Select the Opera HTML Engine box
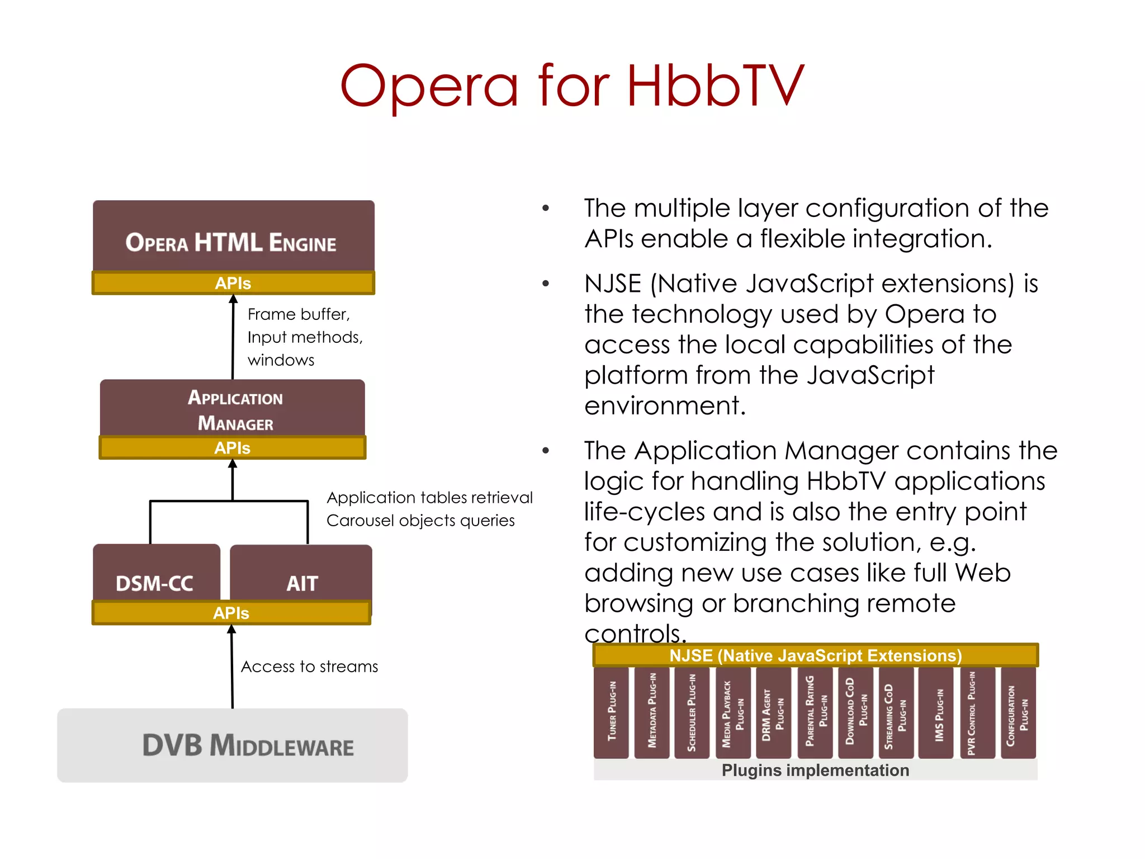coord(233,238)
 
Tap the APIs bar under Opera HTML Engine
coord(233,283)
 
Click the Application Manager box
coord(233,409)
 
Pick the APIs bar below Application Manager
coord(233,448)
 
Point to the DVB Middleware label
coord(248,745)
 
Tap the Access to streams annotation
coord(309,667)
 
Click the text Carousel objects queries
coord(420,521)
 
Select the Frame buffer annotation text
coord(299,314)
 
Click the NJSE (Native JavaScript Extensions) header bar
coord(815,655)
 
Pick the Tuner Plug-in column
coord(612,712)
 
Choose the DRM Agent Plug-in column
coord(773,712)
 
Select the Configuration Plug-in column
coord(1018,712)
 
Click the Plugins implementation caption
coord(815,770)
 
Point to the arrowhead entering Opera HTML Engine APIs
coord(233,300)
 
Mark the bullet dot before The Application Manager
coord(546,451)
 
